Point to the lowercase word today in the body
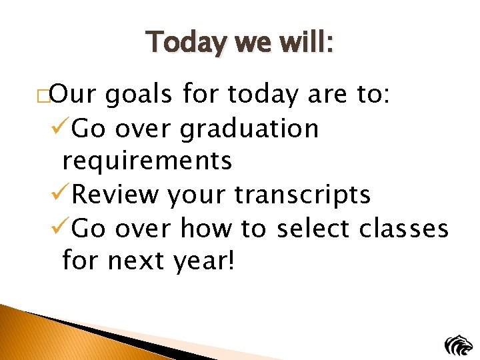(x=264, y=96)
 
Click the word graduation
(x=249, y=129)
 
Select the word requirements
(x=147, y=161)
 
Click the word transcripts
(x=303, y=195)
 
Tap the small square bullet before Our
(x=45, y=96)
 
